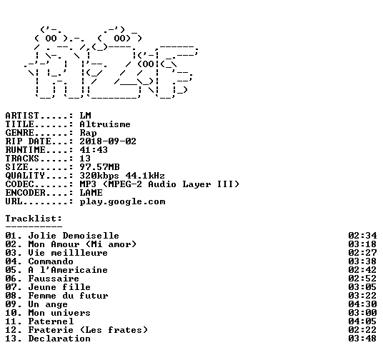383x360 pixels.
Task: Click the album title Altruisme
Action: (105, 124)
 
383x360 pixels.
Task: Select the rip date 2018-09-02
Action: (108, 141)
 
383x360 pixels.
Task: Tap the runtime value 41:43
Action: (94, 150)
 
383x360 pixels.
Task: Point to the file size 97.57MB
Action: (99, 167)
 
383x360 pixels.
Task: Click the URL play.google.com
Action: (122, 202)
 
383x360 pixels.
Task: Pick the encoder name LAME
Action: (91, 193)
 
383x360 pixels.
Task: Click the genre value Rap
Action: (88, 134)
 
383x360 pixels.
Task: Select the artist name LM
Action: (85, 116)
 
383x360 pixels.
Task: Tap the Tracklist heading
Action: (34, 219)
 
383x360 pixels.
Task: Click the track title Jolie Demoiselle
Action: (74, 236)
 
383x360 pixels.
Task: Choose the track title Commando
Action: (51, 261)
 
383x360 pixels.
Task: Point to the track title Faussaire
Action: (54, 279)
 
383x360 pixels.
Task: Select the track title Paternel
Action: (51, 321)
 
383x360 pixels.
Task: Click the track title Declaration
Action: (59, 339)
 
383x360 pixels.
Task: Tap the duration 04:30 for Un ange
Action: (362, 304)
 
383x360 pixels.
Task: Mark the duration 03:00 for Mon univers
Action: (362, 313)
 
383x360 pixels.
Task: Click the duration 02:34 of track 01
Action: (362, 236)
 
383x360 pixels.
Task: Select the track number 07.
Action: (11, 287)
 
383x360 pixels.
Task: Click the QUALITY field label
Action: (25, 176)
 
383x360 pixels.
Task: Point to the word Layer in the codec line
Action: (197, 184)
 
